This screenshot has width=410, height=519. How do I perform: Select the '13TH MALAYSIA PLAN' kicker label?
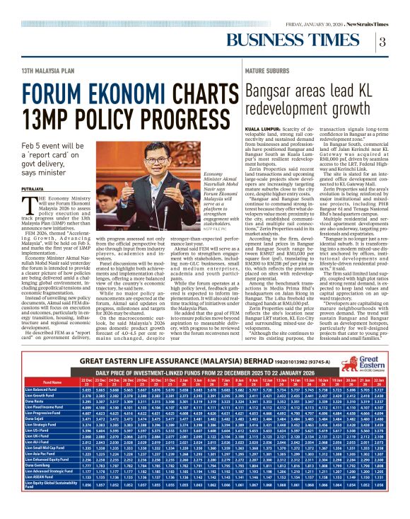tap(47, 72)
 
